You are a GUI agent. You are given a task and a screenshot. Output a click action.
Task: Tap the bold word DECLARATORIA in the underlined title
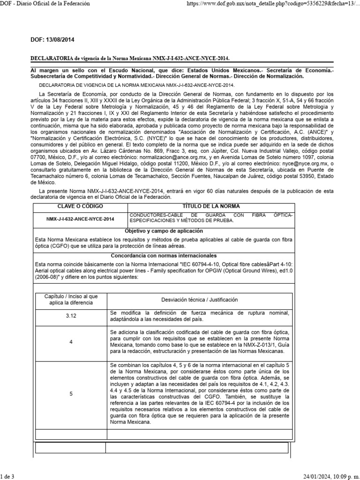coord(51,58)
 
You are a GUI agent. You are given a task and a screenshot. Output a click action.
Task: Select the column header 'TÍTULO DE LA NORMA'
coord(210,206)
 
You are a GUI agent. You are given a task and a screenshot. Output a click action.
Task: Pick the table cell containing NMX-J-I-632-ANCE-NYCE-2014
coord(80,218)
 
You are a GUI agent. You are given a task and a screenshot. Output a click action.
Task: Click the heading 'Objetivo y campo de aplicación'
coord(164,231)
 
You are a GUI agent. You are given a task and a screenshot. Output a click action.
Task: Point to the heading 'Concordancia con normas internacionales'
coord(164,255)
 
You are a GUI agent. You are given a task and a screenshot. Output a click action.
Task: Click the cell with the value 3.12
coord(71,316)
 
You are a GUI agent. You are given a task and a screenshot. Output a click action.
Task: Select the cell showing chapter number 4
coord(71,342)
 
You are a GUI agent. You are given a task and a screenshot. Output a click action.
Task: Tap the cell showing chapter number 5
coord(71,394)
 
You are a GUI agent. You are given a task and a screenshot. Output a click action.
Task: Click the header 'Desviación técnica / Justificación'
coord(200,300)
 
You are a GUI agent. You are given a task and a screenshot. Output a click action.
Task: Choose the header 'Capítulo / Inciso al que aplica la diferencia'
coord(71,300)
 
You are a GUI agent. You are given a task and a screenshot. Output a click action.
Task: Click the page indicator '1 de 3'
coord(7,477)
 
